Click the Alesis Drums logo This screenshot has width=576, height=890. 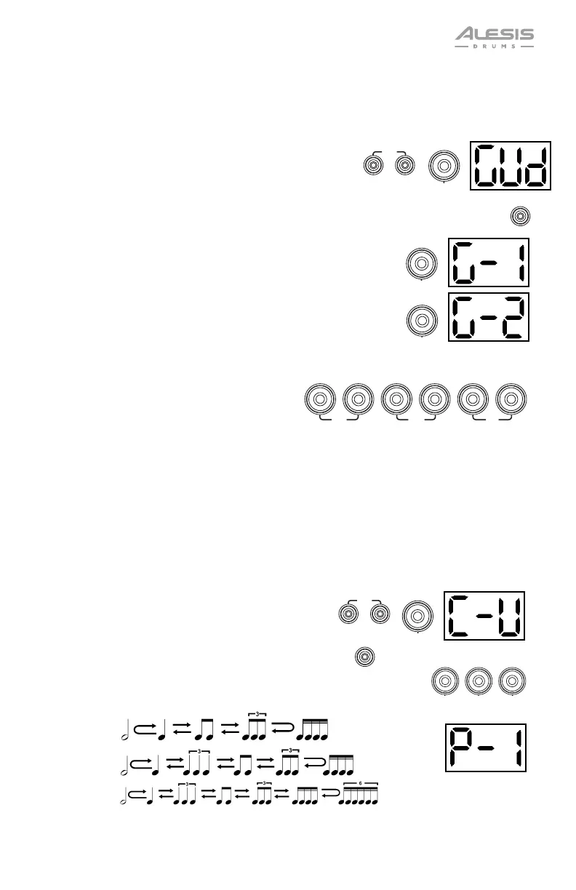pos(494,37)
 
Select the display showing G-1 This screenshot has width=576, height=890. pos(487,262)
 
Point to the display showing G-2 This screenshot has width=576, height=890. pos(487,317)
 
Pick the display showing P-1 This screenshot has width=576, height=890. pos(485,747)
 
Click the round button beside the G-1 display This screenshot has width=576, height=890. pos(422,262)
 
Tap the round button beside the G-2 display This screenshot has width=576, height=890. pos(422,319)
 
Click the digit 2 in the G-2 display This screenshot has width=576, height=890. pos(508,317)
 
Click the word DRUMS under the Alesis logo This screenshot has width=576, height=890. pos(494,46)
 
